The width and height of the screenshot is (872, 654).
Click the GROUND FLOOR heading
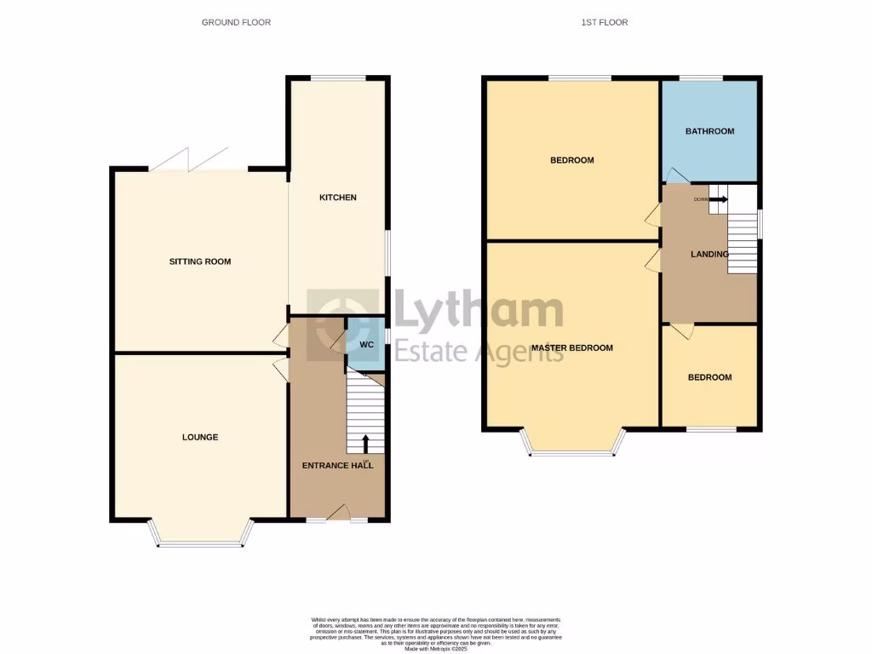(236, 22)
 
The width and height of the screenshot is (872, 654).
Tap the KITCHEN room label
(337, 198)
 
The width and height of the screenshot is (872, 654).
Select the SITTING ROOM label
(200, 261)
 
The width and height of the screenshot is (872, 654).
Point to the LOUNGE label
(200, 437)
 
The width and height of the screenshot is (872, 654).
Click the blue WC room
(366, 344)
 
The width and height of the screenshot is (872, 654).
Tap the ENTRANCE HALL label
(337, 466)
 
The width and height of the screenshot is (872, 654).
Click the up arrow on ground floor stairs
(366, 443)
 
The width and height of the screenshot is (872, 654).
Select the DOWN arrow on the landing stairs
(719, 199)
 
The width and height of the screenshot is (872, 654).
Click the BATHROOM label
(710, 131)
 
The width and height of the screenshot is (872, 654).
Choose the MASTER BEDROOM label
(571, 347)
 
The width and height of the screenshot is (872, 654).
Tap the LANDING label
(709, 254)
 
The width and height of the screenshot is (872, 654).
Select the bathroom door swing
(676, 175)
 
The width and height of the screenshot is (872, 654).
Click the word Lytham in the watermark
(477, 311)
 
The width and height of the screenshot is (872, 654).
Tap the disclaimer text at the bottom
(436, 634)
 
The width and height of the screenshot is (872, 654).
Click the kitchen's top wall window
(338, 78)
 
